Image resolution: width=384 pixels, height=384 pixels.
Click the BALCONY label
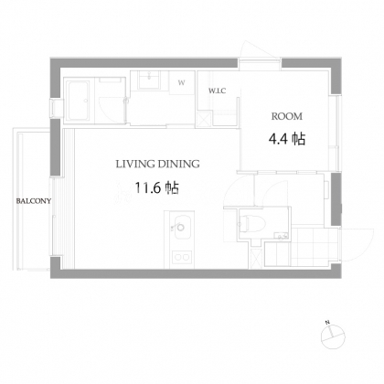click(34, 201)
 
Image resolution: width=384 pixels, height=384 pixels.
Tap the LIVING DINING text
click(157, 164)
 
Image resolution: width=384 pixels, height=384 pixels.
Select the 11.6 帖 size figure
click(156, 187)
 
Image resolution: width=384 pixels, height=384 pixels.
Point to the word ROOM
click(287, 116)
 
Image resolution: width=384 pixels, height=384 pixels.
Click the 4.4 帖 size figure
click(287, 139)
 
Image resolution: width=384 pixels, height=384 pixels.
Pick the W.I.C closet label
click(218, 91)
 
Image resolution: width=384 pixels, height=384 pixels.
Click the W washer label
click(181, 83)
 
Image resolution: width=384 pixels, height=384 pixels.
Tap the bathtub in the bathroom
click(78, 101)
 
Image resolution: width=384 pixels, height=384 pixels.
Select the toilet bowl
click(252, 224)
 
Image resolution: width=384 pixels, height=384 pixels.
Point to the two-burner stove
click(182, 257)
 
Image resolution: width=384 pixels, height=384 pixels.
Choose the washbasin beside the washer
click(149, 80)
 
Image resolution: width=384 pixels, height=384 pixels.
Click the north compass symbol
click(333, 337)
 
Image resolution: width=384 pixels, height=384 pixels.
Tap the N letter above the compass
click(327, 323)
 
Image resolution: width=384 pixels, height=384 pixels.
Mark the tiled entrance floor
click(315, 246)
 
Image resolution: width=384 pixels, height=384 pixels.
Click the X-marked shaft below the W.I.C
click(204, 118)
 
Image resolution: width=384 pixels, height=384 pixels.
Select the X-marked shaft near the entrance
click(256, 259)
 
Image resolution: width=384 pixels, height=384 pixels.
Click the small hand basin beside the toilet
click(281, 235)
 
